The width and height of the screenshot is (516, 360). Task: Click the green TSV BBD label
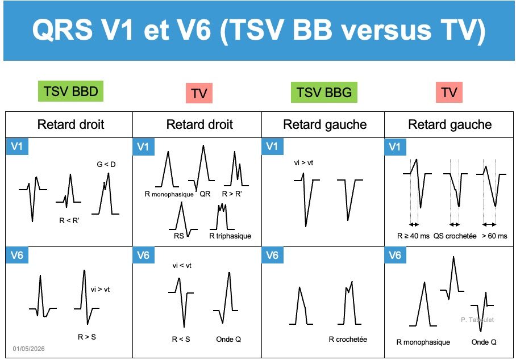71,91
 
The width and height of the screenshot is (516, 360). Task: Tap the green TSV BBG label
324,93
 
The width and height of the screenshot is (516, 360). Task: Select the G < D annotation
106,164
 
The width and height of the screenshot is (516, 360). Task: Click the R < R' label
69,221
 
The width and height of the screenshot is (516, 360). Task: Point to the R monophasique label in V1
169,194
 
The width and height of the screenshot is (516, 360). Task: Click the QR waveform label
205,194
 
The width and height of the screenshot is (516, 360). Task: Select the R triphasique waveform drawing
222,216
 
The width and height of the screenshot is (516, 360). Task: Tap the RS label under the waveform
178,236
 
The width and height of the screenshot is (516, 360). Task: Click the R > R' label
232,194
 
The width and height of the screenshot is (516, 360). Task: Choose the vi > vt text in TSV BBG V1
303,163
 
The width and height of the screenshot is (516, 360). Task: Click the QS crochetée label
455,236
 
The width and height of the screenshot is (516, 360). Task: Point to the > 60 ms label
494,236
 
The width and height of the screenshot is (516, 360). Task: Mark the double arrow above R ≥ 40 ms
414,224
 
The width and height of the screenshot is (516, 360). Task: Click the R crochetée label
348,340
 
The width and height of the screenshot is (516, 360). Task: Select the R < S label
181,340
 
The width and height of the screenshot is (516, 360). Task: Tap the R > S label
87,337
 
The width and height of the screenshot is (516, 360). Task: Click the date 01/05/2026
28,349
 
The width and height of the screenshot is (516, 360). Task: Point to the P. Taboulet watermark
477,320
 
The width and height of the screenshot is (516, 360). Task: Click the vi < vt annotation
182,266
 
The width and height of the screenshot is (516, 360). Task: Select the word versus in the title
386,30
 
